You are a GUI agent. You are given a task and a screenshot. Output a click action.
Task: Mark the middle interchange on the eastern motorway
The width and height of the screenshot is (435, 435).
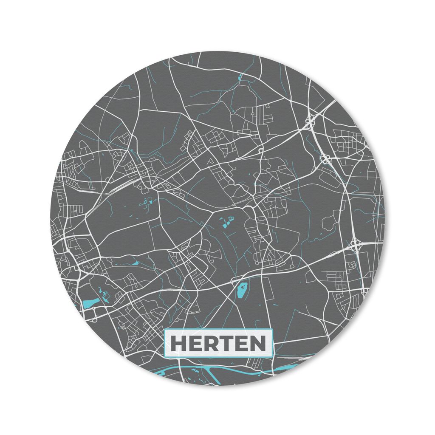(326, 159)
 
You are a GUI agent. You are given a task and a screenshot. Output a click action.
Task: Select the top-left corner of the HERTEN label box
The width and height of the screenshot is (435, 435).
(165, 330)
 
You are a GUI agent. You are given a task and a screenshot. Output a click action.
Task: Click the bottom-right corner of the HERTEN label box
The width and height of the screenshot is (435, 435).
(272, 357)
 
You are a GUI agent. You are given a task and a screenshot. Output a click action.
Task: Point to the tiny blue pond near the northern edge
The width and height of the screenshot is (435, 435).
(240, 77)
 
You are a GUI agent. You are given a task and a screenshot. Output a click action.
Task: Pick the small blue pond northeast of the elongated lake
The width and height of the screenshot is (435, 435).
(135, 263)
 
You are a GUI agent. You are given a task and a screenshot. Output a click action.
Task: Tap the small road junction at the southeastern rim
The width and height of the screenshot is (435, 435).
(364, 291)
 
